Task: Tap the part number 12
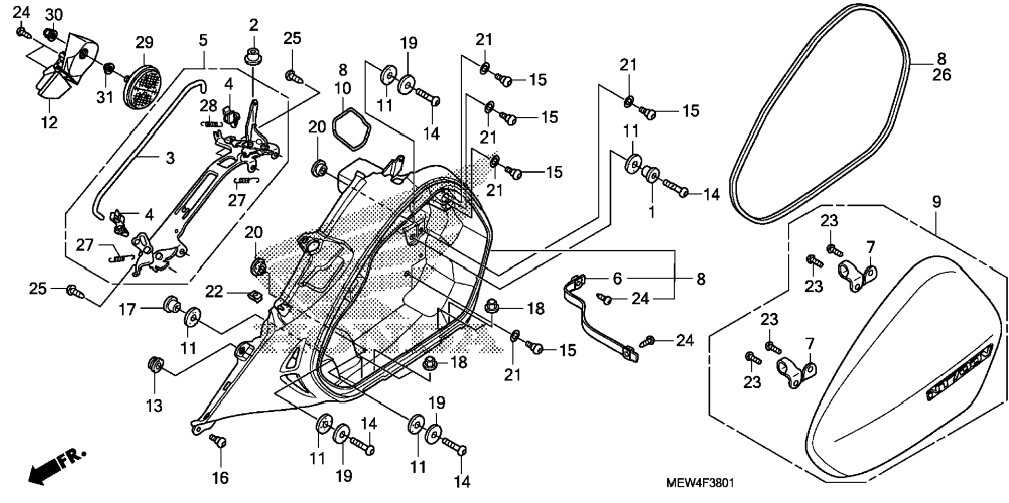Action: [x=50, y=122]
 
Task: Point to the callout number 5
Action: [x=203, y=40]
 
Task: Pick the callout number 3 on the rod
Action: [x=170, y=158]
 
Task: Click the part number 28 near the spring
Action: [x=209, y=106]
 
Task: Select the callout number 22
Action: [x=214, y=291]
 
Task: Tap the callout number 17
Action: [x=127, y=310]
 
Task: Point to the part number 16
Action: [x=220, y=477]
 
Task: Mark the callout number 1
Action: [x=651, y=212]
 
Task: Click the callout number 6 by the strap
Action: [x=617, y=279]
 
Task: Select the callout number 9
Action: [x=936, y=202]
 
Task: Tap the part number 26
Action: [x=942, y=75]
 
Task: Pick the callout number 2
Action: [x=254, y=24]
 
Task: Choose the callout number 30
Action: [x=54, y=15]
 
